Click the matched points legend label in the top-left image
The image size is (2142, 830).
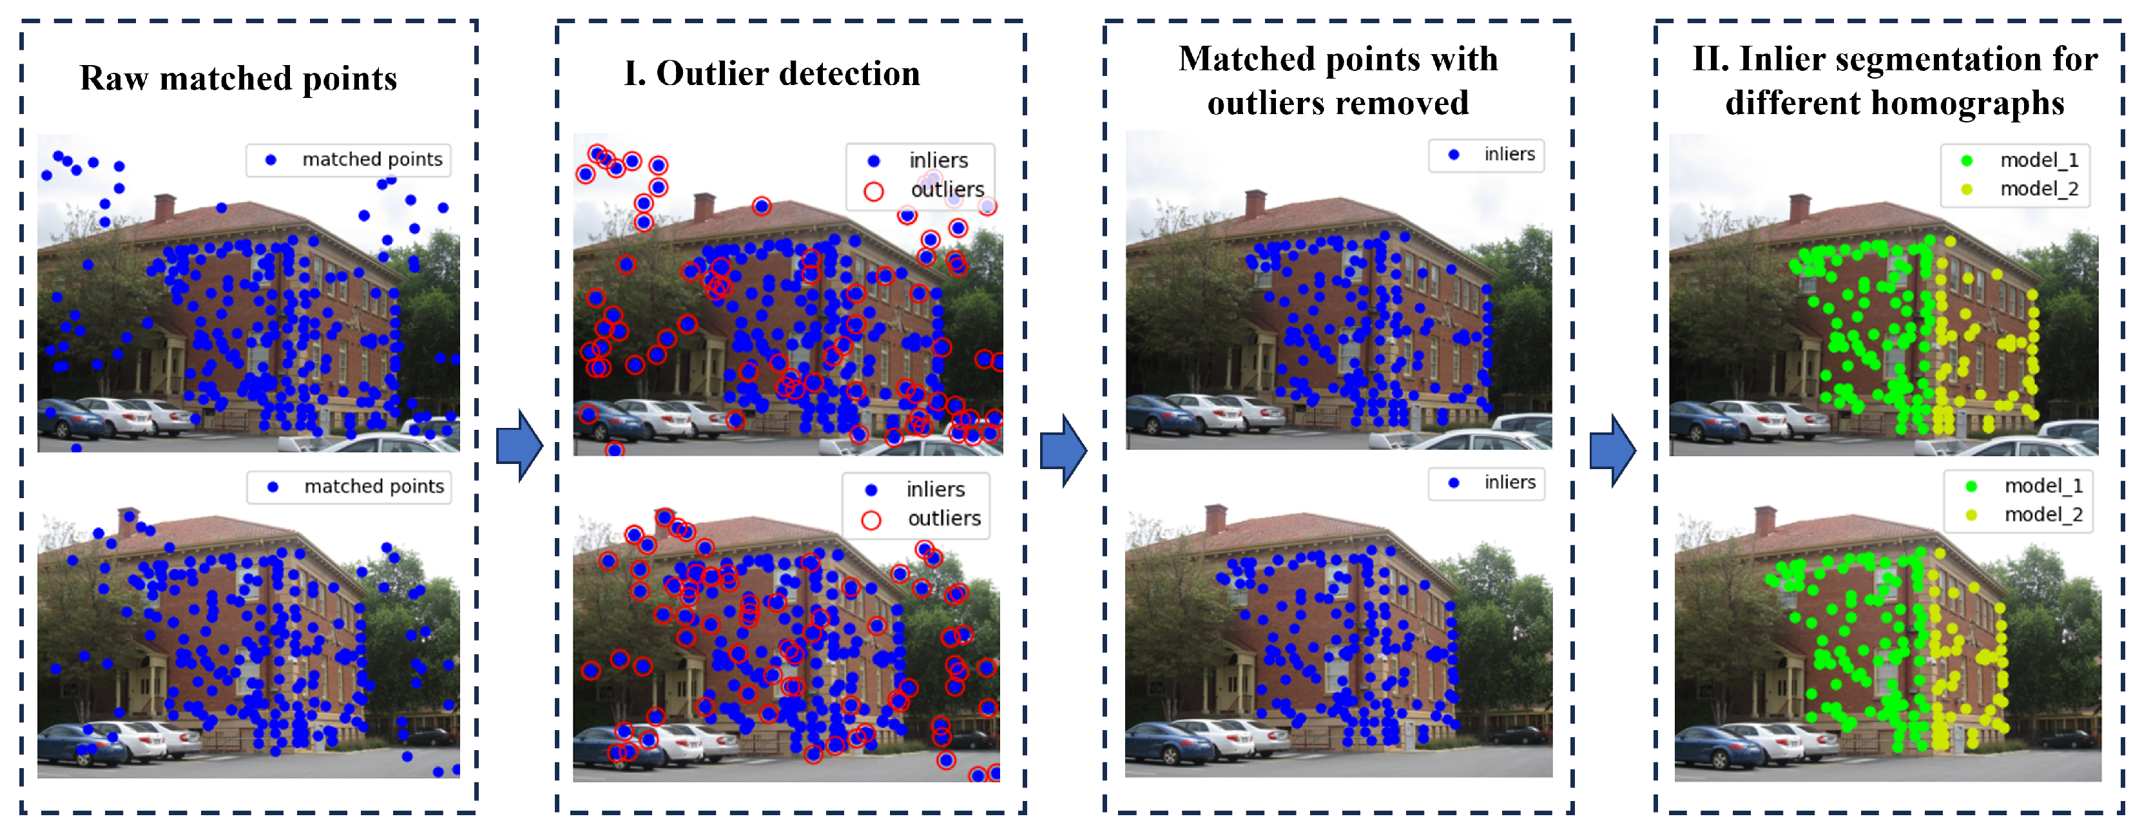[372, 160]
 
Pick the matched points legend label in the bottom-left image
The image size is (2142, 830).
[373, 487]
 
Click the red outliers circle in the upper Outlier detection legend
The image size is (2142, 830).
[873, 192]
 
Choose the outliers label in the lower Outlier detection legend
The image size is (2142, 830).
[944, 519]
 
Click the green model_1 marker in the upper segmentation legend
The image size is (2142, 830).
[1967, 160]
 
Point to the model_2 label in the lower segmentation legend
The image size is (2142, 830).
[2043, 515]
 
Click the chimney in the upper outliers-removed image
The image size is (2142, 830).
[1255, 204]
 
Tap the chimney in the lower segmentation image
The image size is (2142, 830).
[1765, 521]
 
